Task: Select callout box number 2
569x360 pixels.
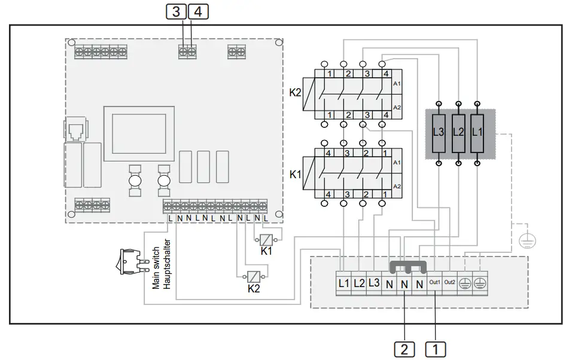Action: (405, 349)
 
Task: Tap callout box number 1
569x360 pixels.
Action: (436, 349)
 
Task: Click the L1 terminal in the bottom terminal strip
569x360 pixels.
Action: (343, 283)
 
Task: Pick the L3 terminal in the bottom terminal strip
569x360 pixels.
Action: (374, 283)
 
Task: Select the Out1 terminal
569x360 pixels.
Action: (434, 283)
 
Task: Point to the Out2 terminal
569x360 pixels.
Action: (450, 283)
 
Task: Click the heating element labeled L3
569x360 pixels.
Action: (439, 132)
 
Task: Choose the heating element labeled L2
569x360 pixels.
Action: (458, 132)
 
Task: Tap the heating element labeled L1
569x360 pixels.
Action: (477, 132)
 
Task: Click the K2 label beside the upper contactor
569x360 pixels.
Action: (294, 93)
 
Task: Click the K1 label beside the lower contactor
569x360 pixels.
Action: (294, 175)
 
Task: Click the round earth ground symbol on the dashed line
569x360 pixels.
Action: (527, 241)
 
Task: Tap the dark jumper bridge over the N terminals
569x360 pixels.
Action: (407, 265)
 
